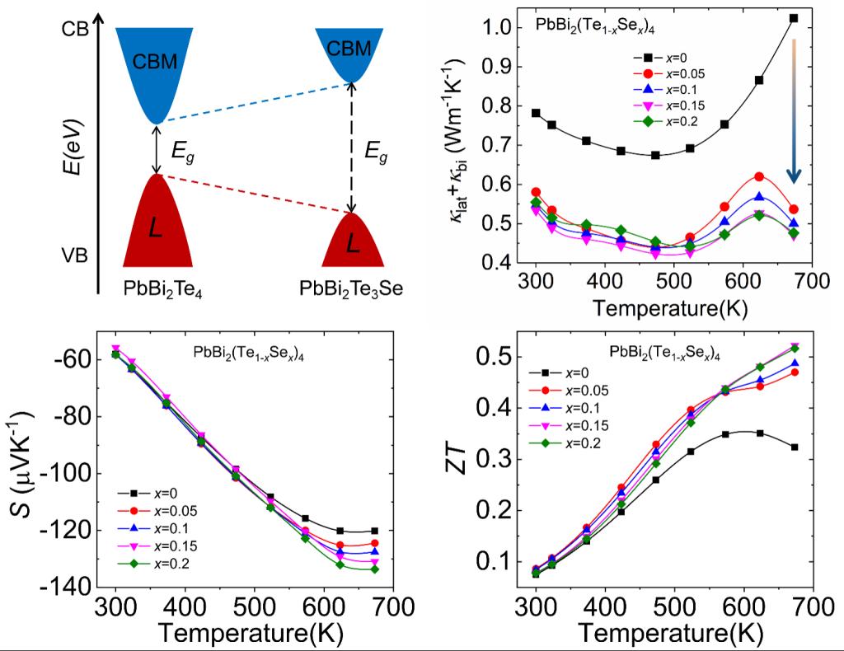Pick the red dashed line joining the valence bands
point(256,194)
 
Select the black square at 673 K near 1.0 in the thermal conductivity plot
point(794,18)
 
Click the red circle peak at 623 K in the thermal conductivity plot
point(759,176)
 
